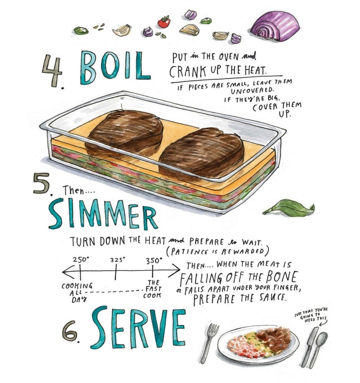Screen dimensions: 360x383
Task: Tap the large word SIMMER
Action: [103, 214]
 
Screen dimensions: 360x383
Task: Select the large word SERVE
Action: [138, 328]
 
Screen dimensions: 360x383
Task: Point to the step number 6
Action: [71, 331]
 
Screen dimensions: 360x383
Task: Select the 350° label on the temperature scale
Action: [154, 260]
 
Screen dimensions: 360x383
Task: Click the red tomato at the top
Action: [164, 22]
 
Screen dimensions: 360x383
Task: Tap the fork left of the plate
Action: [209, 343]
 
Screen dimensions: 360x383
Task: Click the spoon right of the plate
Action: [318, 349]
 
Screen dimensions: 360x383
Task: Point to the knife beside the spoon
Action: [308, 346]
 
